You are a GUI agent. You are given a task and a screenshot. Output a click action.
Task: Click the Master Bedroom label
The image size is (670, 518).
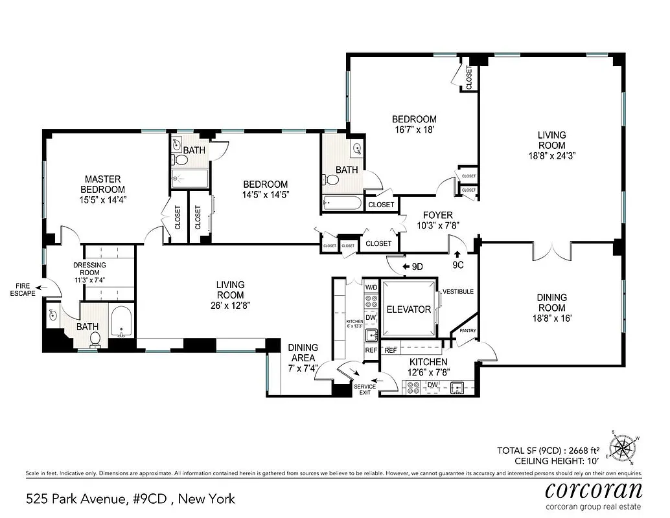point(102,184)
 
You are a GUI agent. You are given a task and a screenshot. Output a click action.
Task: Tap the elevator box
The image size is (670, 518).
point(408,309)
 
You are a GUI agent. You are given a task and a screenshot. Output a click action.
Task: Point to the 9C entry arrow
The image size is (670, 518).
point(458,255)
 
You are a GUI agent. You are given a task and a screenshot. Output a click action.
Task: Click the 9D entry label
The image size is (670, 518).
point(413,266)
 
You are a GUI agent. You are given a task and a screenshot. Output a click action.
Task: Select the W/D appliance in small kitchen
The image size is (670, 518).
point(371,287)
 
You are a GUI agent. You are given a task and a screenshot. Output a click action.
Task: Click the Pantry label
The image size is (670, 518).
point(467,331)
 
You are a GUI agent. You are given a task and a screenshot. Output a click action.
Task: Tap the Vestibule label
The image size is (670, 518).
point(458,292)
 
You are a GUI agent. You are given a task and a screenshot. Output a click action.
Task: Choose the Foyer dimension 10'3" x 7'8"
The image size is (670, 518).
point(437,226)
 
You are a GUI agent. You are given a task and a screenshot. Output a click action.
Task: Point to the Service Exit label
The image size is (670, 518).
point(364,390)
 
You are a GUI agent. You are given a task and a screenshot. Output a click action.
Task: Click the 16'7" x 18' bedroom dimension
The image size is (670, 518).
point(414,129)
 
